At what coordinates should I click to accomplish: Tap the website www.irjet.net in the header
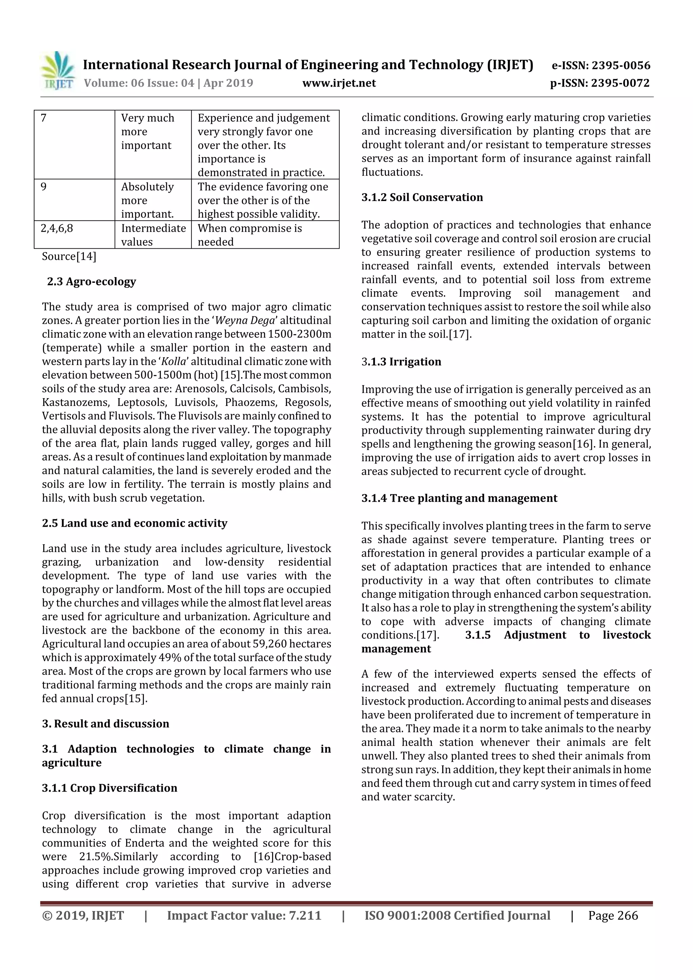coord(339,83)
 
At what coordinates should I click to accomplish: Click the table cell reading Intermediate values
coord(153,235)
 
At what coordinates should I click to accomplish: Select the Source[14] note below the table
coord(69,256)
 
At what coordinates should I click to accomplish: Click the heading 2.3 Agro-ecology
coord(91,282)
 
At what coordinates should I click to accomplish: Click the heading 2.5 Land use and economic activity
coord(134,523)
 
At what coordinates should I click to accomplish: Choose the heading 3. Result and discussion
coord(106,724)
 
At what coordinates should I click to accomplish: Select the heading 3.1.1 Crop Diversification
coord(109,788)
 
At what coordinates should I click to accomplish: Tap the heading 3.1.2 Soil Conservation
coord(422,198)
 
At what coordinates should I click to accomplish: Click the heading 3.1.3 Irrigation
coord(401,362)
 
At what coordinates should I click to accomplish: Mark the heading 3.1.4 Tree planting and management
coord(459,499)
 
